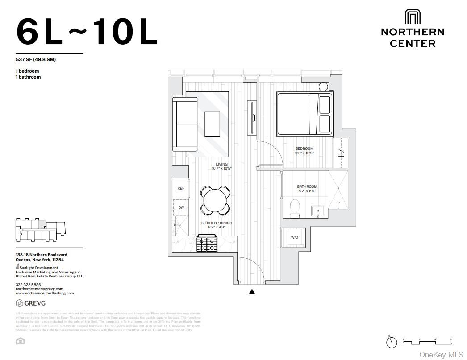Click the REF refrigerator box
pyautogui.click(x=181, y=188)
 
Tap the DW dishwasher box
pyautogui.click(x=181, y=207)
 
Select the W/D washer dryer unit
pyautogui.click(x=294, y=237)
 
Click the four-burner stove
pyautogui.click(x=207, y=244)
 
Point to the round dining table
pyautogui.click(x=216, y=200)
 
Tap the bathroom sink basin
pyautogui.click(x=319, y=211)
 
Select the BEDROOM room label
pyautogui.click(x=304, y=149)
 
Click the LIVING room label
pyautogui.click(x=221, y=164)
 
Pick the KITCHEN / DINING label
pyautogui.click(x=217, y=223)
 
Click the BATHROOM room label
pyautogui.click(x=307, y=186)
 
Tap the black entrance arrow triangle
pyautogui.click(x=252, y=292)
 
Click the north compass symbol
pyautogui.click(x=392, y=342)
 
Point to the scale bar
pyautogui.click(x=427, y=341)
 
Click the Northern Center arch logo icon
pyautogui.click(x=413, y=17)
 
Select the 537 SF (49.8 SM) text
pyautogui.click(x=36, y=59)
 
